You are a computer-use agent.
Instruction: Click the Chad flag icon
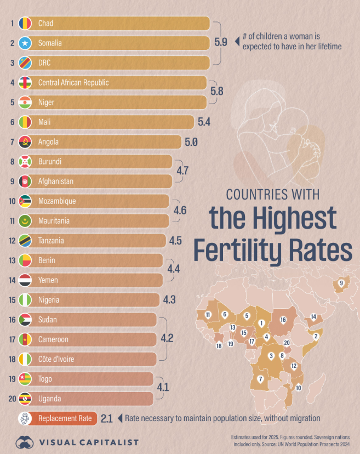click(x=25, y=23)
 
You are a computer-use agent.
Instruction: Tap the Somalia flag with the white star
click(x=25, y=43)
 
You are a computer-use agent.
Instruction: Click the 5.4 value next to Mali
click(x=204, y=122)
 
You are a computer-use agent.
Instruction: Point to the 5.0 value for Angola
click(x=191, y=141)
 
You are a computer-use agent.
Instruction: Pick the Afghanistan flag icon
click(x=25, y=181)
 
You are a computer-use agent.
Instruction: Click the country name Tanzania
click(x=51, y=240)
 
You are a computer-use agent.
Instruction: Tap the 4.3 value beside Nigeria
click(x=169, y=300)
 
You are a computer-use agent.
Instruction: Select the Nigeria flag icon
click(x=25, y=300)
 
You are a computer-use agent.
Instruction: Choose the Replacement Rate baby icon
click(x=25, y=418)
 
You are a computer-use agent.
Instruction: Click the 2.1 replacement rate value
click(x=107, y=418)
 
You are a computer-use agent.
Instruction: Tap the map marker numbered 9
click(x=341, y=283)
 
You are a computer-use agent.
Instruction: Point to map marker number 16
click(x=283, y=320)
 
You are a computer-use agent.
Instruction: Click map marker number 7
click(x=260, y=379)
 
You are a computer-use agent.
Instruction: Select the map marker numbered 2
click(x=316, y=336)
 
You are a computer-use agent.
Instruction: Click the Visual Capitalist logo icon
click(x=25, y=442)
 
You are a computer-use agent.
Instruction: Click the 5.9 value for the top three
click(x=221, y=43)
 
